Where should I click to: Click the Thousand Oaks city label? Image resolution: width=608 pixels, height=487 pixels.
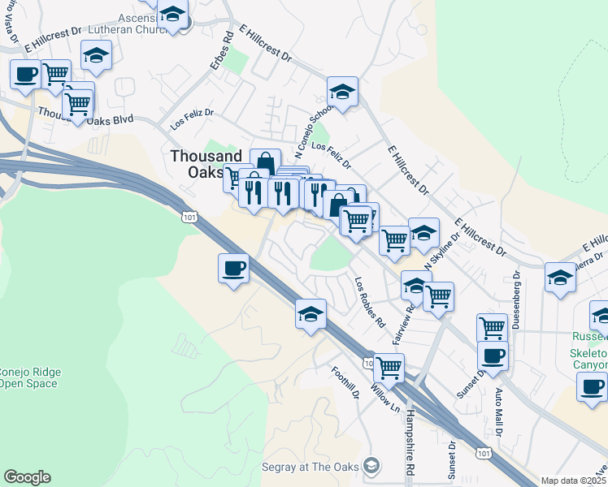tap(206, 164)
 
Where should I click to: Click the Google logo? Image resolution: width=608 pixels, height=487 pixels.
tap(27, 477)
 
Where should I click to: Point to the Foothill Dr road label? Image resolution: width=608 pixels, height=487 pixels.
tap(345, 382)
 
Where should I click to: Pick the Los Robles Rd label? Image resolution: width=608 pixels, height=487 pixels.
tap(370, 302)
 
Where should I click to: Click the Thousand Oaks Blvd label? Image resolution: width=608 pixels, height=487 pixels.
tap(85, 117)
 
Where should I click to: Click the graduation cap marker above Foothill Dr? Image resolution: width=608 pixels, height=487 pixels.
tap(311, 314)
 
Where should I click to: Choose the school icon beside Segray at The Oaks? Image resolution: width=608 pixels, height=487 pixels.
tap(371, 466)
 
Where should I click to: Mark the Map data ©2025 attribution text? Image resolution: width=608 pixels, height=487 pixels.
tap(573, 481)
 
